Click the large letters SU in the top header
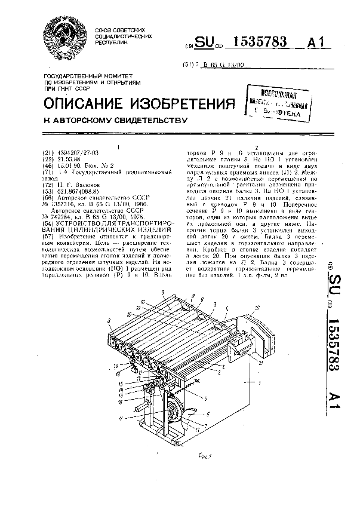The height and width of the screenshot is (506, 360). (x=205, y=42)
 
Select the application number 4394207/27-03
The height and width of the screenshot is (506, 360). (x=76, y=152)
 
